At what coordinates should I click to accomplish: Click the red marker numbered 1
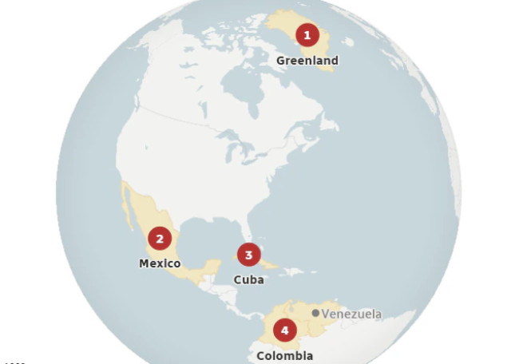(307, 35)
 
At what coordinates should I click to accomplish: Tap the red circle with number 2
(160, 239)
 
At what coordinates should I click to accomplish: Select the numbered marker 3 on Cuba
(248, 255)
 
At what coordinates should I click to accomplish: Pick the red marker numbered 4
(284, 330)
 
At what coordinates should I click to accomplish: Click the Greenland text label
(307, 61)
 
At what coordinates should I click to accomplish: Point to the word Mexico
(160, 263)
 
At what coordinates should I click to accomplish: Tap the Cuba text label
(248, 279)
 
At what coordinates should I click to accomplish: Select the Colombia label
(284, 355)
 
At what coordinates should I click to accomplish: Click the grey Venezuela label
(351, 314)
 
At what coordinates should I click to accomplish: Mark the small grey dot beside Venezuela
(316, 314)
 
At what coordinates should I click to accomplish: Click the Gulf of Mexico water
(209, 235)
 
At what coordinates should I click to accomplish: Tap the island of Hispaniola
(291, 272)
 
